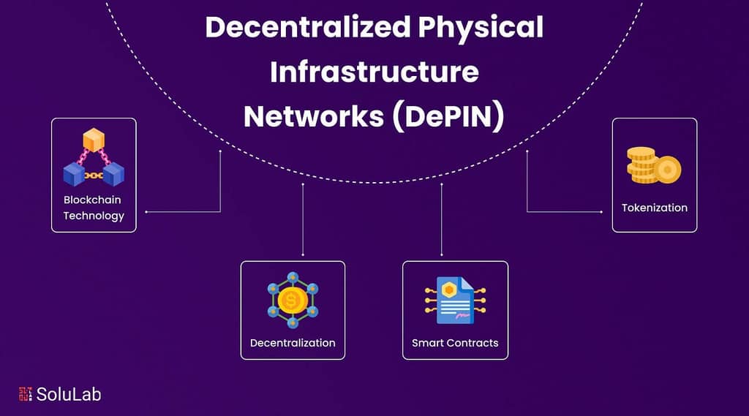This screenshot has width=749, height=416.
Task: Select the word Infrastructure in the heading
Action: pos(374,72)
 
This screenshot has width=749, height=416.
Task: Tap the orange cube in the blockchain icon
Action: pos(94,140)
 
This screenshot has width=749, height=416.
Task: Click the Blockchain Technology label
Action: pos(94,208)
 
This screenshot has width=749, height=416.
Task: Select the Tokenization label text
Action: pos(655,208)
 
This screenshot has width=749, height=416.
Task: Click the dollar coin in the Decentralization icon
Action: pos(293,300)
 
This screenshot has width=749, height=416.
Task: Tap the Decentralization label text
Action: pos(293,342)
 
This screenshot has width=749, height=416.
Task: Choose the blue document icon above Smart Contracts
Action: pos(454,300)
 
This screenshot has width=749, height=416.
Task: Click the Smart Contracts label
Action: pos(455,342)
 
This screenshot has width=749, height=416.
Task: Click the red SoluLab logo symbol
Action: pos(26,394)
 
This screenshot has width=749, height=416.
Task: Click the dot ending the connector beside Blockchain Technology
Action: pos(146,212)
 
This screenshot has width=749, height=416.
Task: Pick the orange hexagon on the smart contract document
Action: pos(448,290)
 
